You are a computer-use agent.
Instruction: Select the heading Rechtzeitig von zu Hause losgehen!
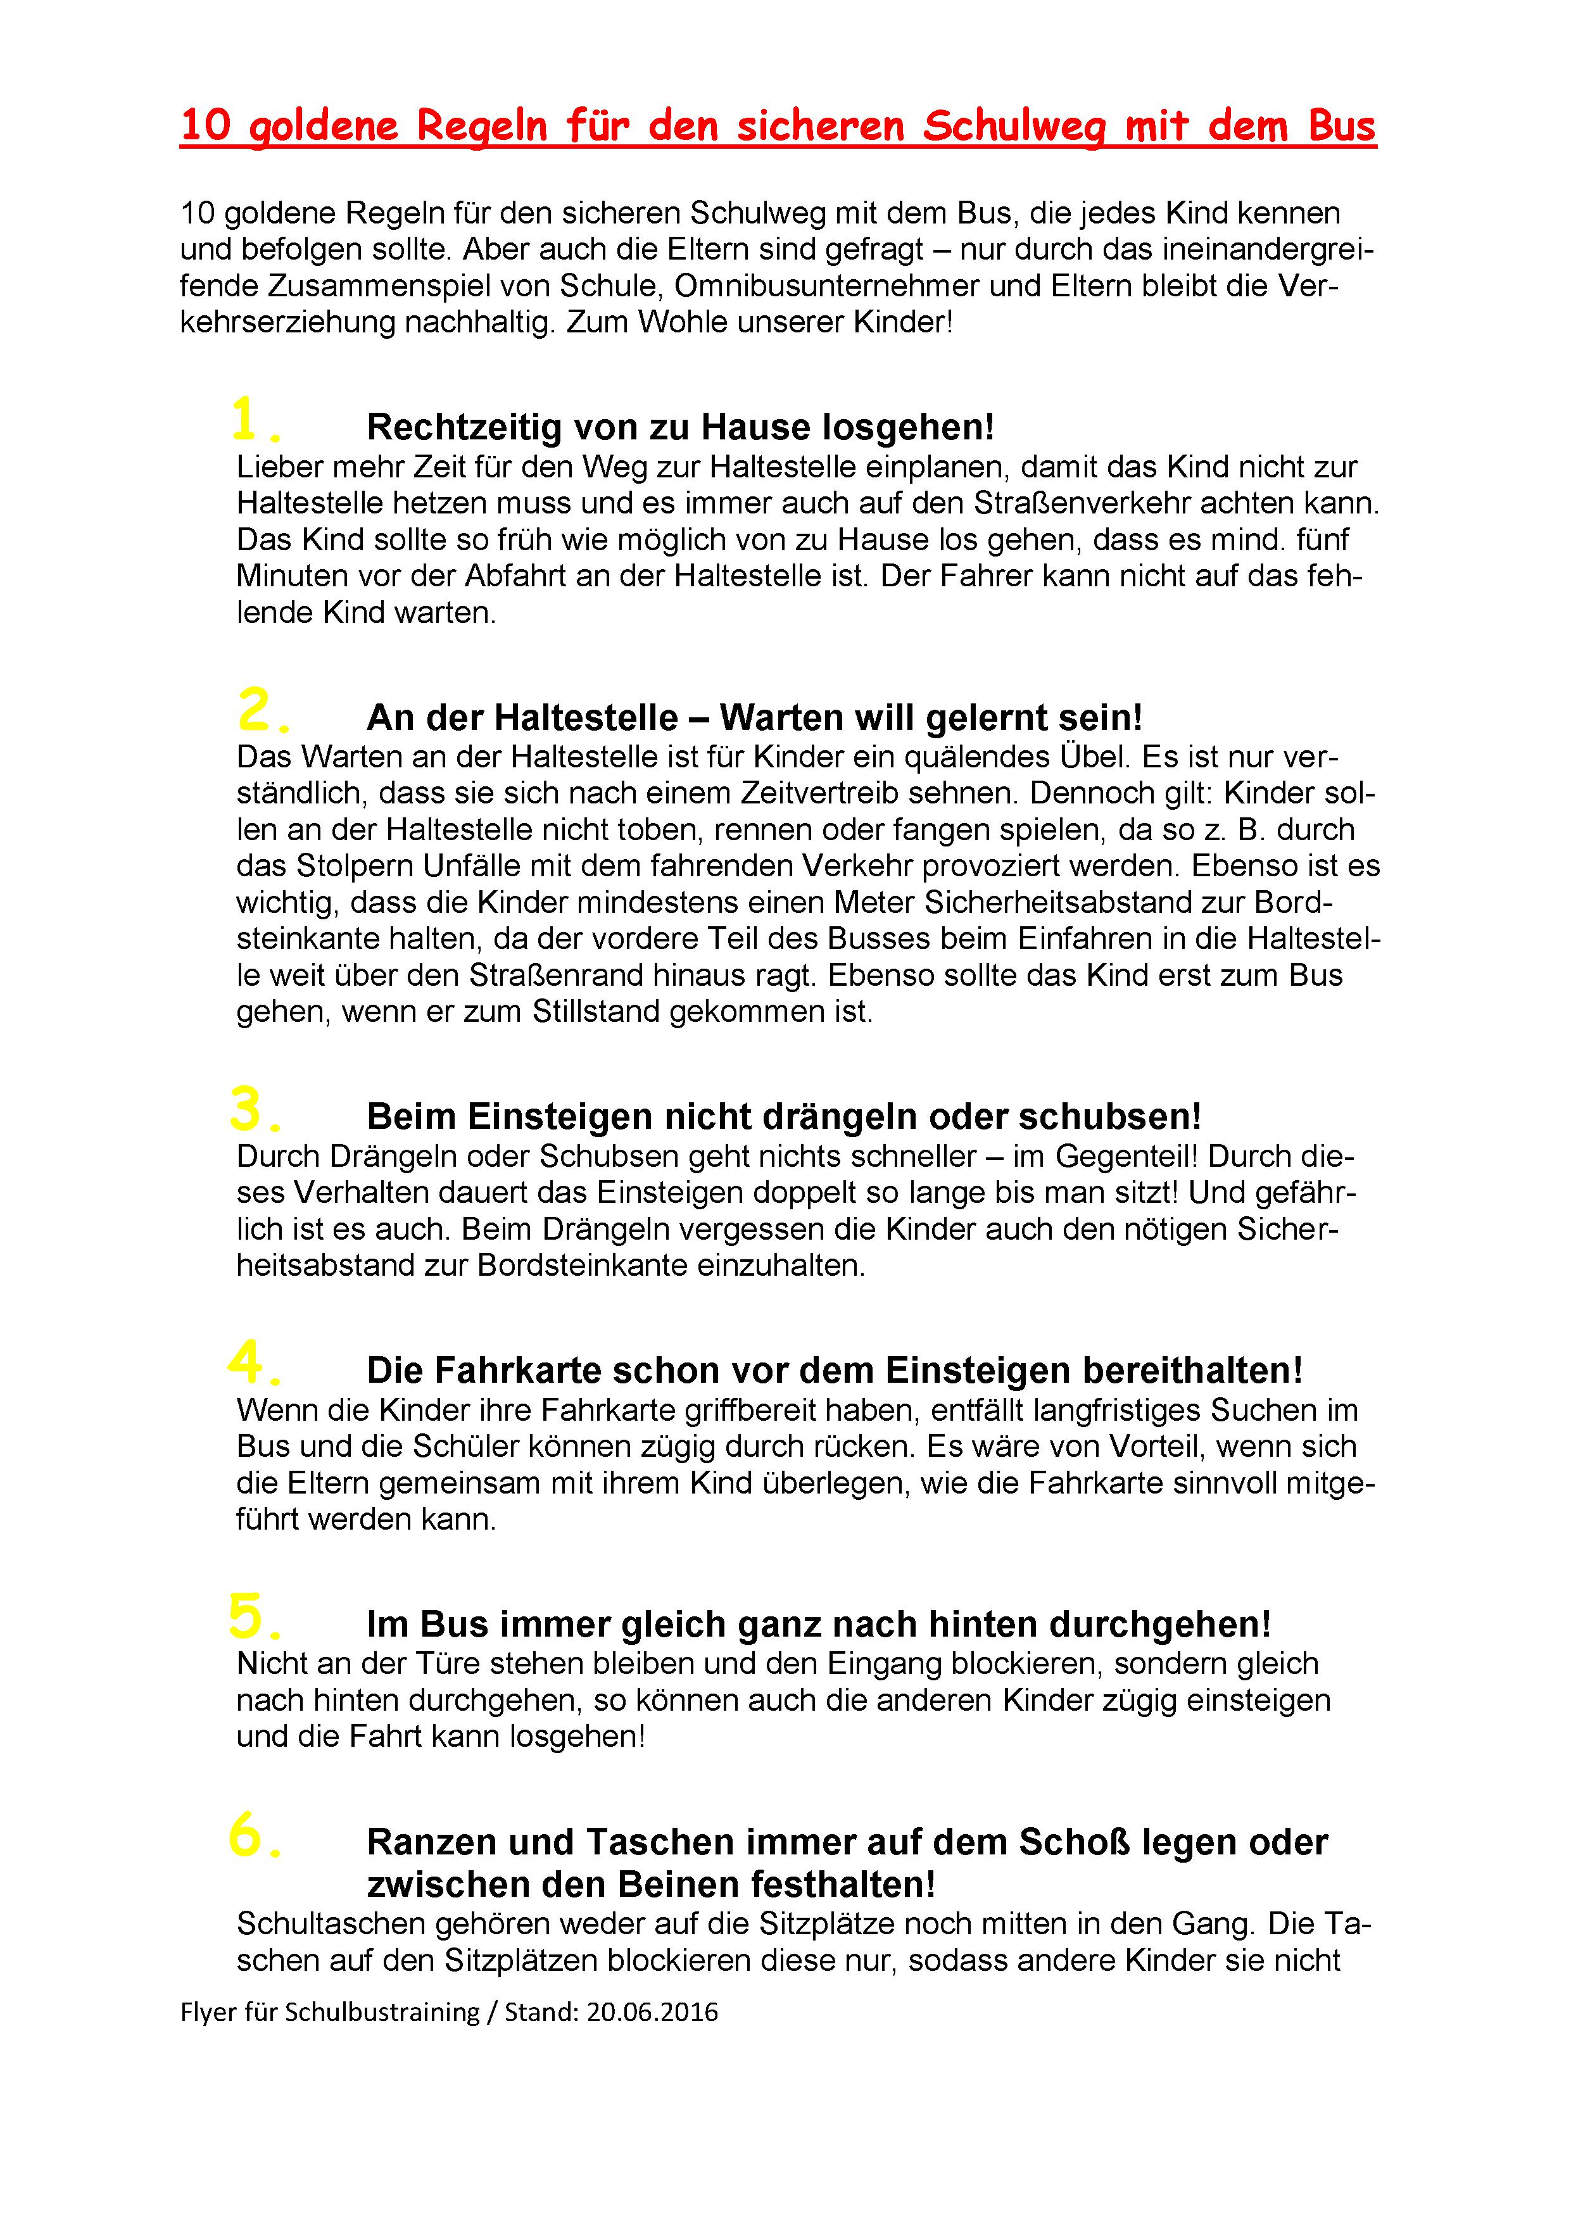point(680,427)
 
